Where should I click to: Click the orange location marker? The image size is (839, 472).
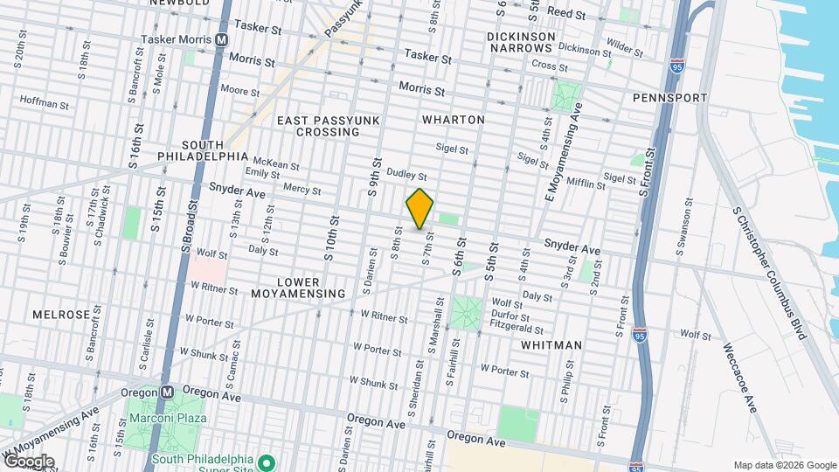pyautogui.click(x=419, y=208)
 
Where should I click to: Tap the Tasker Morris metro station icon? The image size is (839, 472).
pyautogui.click(x=222, y=40)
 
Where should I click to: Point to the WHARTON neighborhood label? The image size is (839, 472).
pyautogui.click(x=453, y=119)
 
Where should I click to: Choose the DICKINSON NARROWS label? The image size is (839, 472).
pyautogui.click(x=522, y=41)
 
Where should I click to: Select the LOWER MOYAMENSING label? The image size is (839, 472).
pyautogui.click(x=311, y=288)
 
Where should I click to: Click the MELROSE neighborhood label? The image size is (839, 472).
pyautogui.click(x=61, y=314)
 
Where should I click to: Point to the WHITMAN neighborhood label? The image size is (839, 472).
pyautogui.click(x=551, y=345)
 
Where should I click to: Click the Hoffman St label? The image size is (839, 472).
pyautogui.click(x=44, y=103)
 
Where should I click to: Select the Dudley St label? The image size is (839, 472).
pyautogui.click(x=406, y=175)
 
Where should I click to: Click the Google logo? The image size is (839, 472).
pyautogui.click(x=28, y=462)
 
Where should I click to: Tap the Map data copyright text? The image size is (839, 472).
pyautogui.click(x=783, y=465)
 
